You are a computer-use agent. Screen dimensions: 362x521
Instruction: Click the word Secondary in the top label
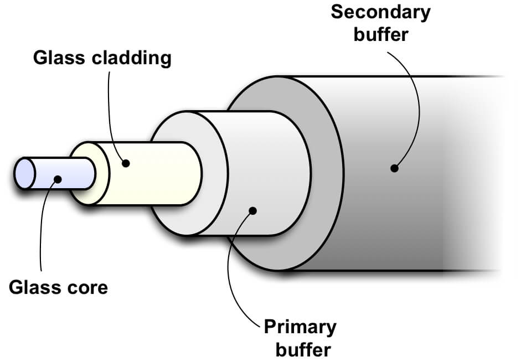(x=380, y=12)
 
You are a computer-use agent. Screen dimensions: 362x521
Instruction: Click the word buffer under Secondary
(x=380, y=34)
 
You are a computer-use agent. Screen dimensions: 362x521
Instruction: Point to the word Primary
(x=300, y=327)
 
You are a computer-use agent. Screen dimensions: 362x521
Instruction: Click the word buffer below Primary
(x=300, y=349)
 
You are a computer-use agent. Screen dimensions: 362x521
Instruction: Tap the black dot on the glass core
(x=56, y=179)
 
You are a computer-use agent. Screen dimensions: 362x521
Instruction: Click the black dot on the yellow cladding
(x=126, y=163)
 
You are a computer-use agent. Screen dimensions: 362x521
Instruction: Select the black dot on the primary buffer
(x=253, y=210)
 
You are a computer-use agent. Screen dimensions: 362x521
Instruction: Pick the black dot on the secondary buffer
(x=394, y=168)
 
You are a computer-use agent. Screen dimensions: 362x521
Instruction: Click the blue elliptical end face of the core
(x=24, y=173)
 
